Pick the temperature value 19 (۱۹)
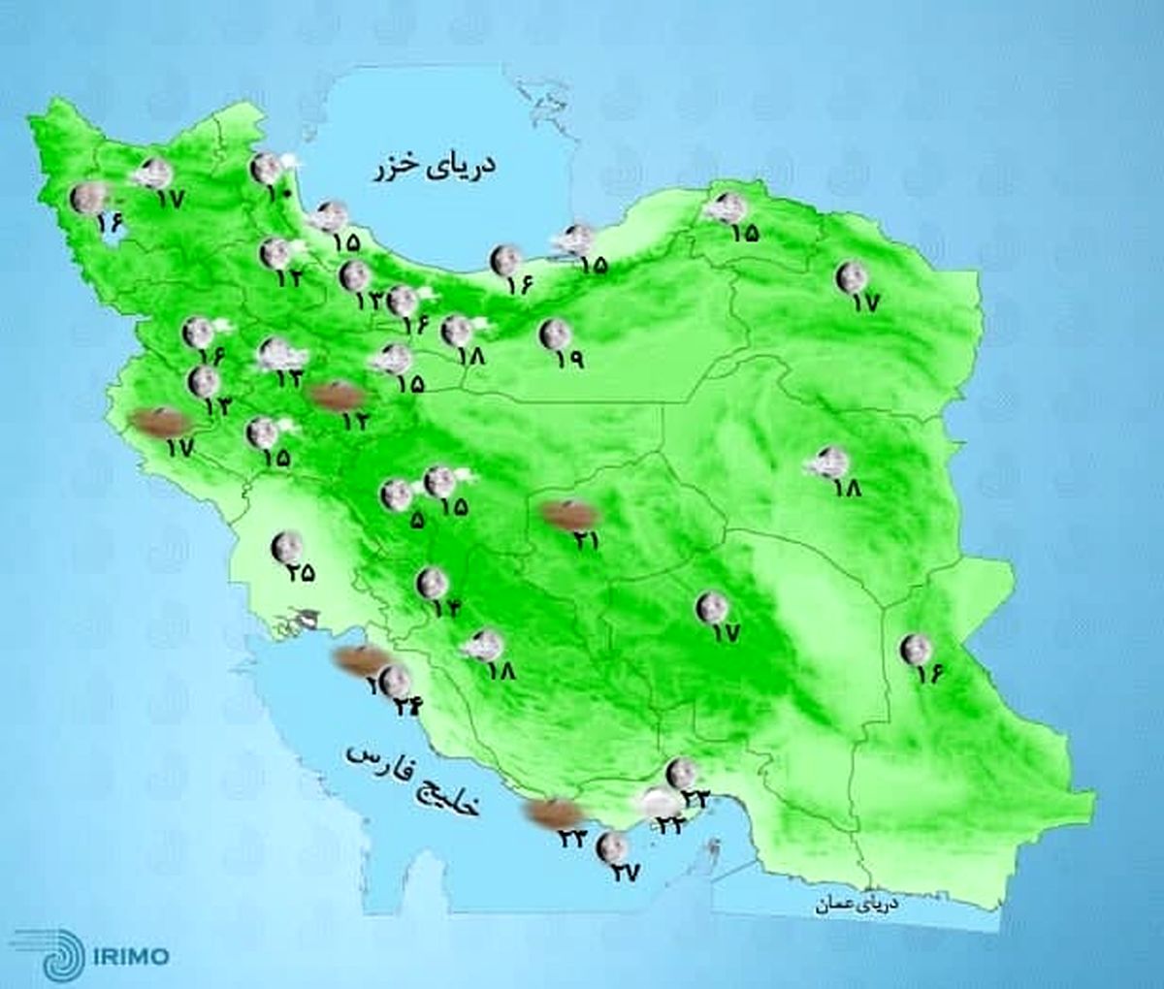569,359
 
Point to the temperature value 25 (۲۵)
301,572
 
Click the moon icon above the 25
285,546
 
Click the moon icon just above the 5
396,495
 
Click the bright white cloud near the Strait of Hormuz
660,804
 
